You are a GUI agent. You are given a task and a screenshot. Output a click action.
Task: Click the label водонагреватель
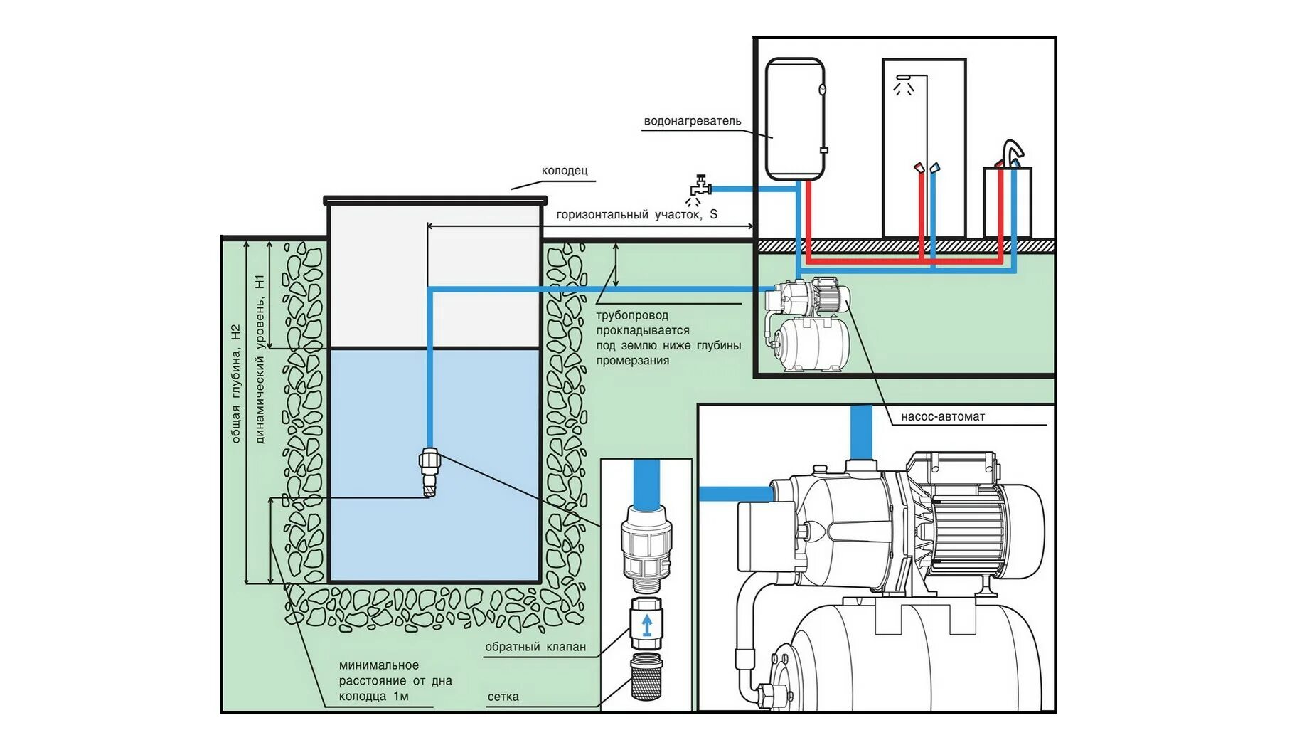(x=692, y=121)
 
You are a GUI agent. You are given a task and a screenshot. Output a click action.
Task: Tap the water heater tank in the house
(x=794, y=119)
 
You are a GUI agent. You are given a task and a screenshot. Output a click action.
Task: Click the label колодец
(x=565, y=171)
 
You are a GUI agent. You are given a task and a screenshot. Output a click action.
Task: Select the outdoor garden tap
(x=700, y=188)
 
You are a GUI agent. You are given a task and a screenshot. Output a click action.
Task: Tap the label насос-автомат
(x=943, y=417)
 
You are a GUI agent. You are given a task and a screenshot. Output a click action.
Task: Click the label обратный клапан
(x=535, y=647)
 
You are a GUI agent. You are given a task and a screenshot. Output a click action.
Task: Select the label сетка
(x=503, y=697)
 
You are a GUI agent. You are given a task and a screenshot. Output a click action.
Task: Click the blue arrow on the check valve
(x=646, y=625)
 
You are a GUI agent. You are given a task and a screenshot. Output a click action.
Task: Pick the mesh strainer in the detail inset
(x=646, y=677)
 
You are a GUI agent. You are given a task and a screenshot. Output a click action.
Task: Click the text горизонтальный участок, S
(x=636, y=215)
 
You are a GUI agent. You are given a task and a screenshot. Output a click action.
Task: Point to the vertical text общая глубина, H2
(x=236, y=384)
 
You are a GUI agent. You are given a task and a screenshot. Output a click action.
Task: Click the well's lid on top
(x=435, y=201)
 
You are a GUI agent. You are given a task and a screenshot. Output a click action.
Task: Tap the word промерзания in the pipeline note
(x=632, y=361)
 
